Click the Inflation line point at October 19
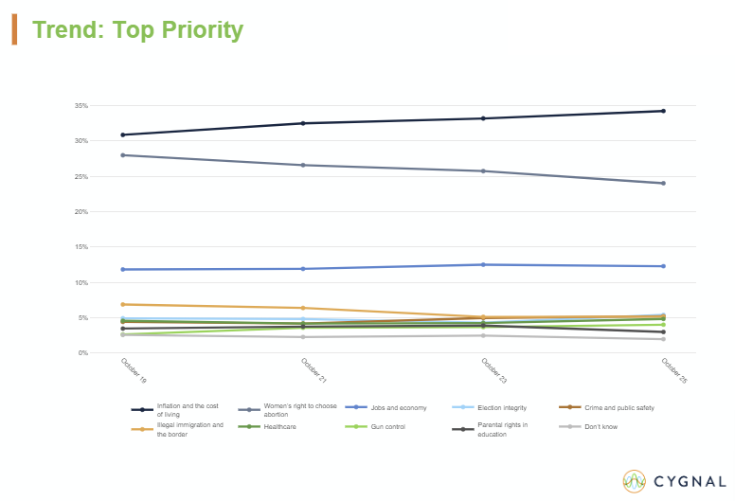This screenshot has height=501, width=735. click(x=123, y=134)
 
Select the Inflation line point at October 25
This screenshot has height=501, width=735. click(x=663, y=111)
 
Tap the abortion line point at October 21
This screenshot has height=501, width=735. click(x=303, y=165)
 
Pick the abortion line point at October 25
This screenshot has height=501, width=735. click(x=663, y=183)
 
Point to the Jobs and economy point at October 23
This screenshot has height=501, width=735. click(x=483, y=264)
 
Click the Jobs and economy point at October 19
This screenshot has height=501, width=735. click(x=123, y=269)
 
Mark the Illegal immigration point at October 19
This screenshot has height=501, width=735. click(x=123, y=304)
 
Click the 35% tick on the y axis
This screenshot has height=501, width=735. click(x=82, y=106)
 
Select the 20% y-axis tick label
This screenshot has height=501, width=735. click(x=82, y=212)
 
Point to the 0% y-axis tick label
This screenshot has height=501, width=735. click(x=83, y=353)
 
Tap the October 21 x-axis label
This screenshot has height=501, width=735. click(x=312, y=370)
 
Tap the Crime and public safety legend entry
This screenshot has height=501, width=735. click(x=618, y=408)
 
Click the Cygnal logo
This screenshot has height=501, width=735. click(x=673, y=480)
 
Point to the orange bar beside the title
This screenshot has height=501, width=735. click(x=14, y=29)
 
